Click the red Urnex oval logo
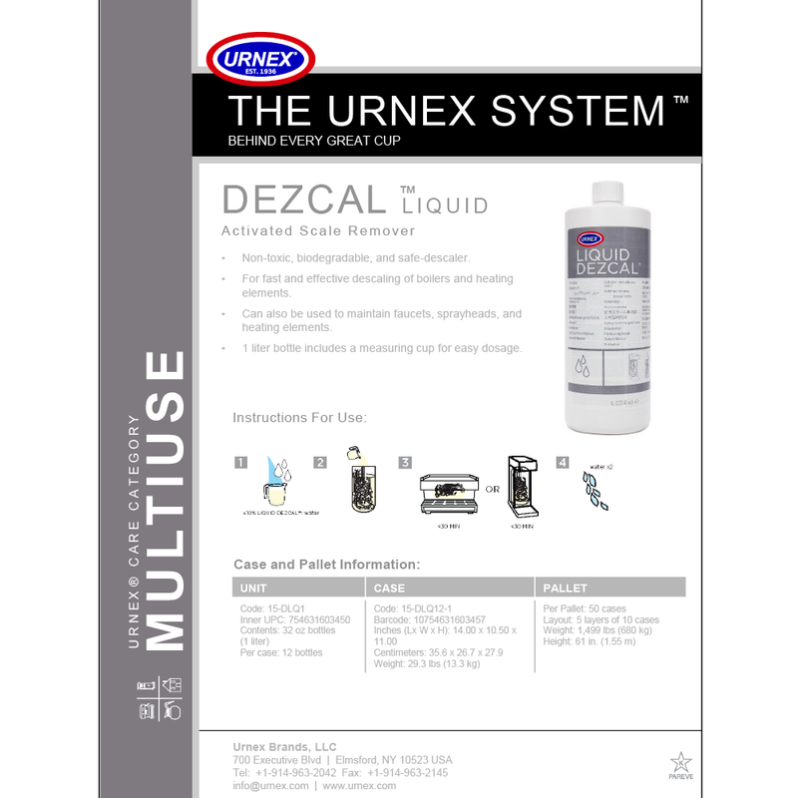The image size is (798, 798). (x=262, y=59)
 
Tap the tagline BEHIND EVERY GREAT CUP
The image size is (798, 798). (x=314, y=141)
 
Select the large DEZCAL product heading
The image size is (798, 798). (x=304, y=199)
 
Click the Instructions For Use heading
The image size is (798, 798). (x=299, y=417)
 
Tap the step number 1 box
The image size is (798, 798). (x=240, y=462)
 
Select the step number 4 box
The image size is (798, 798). (x=563, y=462)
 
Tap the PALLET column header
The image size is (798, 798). (x=566, y=588)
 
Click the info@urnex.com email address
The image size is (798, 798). (x=270, y=786)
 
